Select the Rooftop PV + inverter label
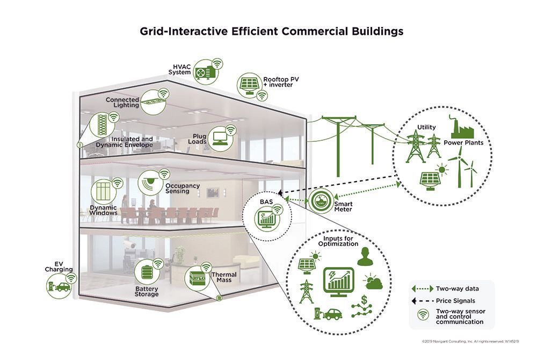(278, 82)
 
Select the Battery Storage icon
(147, 272)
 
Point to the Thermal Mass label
(224, 277)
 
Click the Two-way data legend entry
(450, 289)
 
